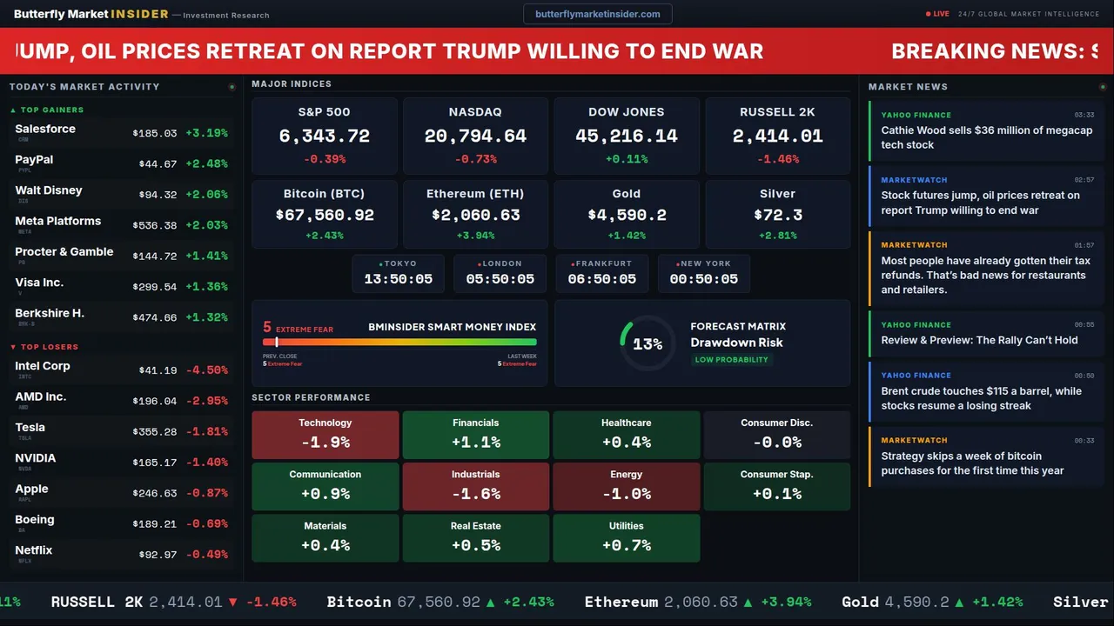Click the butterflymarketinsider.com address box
point(597,14)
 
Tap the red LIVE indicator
point(938,14)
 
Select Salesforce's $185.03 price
point(155,134)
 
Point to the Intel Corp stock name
point(43,366)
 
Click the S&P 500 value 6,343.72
point(325,137)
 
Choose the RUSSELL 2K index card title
point(777,112)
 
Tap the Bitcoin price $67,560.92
point(325,215)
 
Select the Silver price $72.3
point(777,215)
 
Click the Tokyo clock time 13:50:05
point(399,279)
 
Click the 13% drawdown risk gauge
point(647,344)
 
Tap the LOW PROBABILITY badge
point(731,360)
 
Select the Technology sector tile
point(325,435)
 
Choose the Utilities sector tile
point(626,538)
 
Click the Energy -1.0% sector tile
point(626,487)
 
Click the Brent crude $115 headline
point(981,398)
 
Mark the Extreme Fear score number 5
point(267,328)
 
